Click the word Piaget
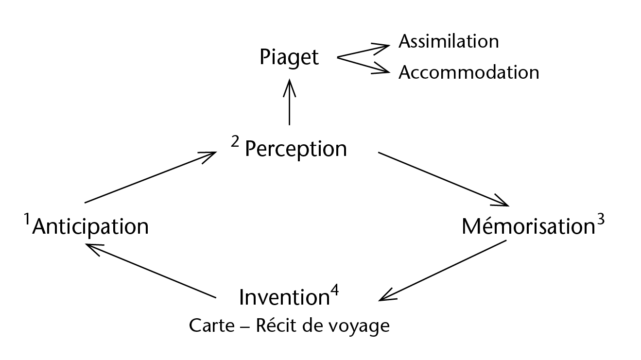pos(289,58)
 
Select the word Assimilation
pos(448,41)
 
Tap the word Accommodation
pos(468,72)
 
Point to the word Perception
pos(296,149)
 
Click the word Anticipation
pos(90,226)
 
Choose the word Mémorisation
pos(528,226)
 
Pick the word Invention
pos(285,298)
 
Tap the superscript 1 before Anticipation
pos(28,221)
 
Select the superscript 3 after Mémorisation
pos(600,220)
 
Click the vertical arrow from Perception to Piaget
pos(289,103)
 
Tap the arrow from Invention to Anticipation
pos(151,271)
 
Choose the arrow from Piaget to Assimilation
pos(364,51)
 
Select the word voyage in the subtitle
pos(363,326)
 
